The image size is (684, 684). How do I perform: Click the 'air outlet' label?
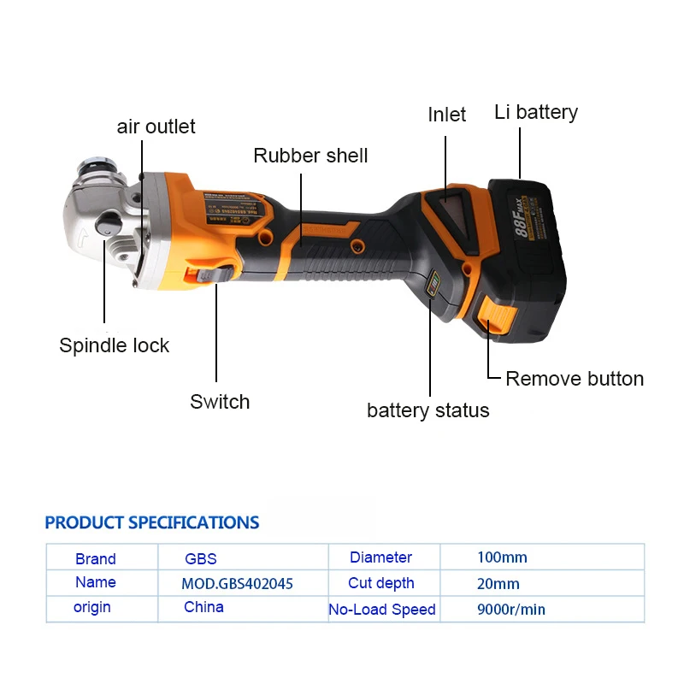[x=156, y=127]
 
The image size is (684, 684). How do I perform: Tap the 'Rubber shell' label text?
[x=310, y=156]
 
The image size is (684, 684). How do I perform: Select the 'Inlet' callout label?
[x=446, y=115]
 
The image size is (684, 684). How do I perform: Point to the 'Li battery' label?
[x=536, y=112]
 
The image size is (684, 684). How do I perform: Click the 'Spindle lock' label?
[x=114, y=345]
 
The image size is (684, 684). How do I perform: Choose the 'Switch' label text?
[x=220, y=402]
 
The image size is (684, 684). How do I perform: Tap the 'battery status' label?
[x=427, y=410]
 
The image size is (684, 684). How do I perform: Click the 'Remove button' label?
[x=575, y=379]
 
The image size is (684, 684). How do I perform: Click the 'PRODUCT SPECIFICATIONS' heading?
[x=152, y=522]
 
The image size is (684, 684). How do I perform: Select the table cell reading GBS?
[x=201, y=559]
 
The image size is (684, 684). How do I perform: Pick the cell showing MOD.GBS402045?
[x=238, y=584]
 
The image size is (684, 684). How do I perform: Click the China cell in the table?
[x=203, y=607]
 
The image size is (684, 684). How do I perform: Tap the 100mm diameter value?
[x=502, y=557]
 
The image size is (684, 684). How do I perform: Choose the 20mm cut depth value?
[x=498, y=584]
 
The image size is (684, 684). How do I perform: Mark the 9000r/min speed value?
[x=511, y=610]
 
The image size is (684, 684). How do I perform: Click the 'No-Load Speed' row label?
[x=382, y=610]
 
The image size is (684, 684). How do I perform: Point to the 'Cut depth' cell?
[x=381, y=583]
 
